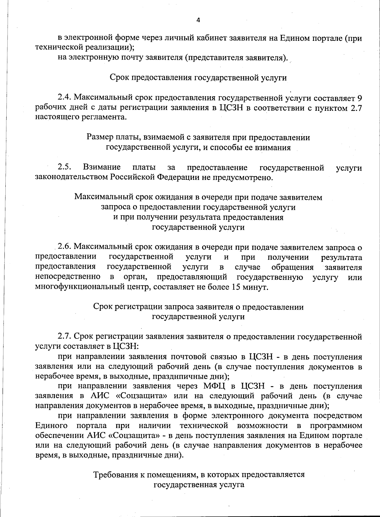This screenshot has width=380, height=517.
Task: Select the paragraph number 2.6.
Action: click(x=66, y=247)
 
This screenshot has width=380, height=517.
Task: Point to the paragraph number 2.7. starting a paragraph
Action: click(x=65, y=336)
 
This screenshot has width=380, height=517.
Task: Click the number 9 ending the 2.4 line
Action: click(x=359, y=97)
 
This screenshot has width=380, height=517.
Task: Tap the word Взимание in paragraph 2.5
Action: click(x=102, y=167)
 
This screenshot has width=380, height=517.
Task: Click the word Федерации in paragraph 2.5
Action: click(x=179, y=177)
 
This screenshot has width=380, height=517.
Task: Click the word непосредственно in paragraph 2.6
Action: click(x=68, y=277)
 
